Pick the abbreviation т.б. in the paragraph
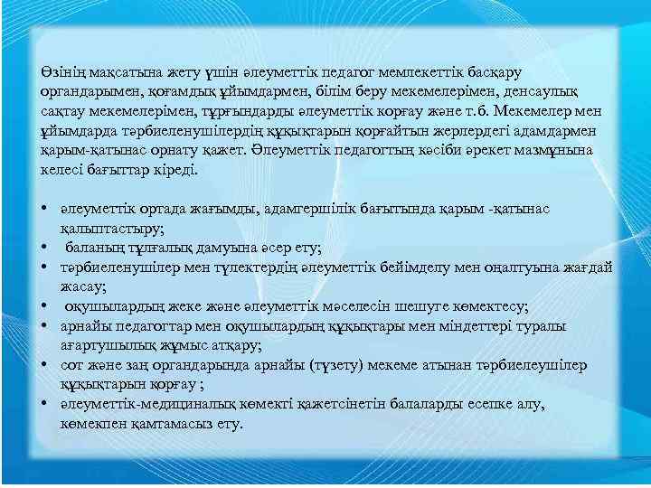click(x=471, y=111)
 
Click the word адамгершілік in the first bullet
click(x=303, y=210)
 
